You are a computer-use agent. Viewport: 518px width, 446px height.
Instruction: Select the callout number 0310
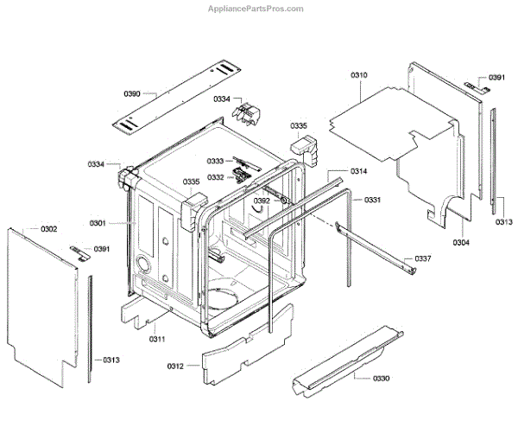[x=359, y=76]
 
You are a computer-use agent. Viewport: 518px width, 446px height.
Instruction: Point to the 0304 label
[x=461, y=243]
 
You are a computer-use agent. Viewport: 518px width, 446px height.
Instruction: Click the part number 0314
[x=359, y=171]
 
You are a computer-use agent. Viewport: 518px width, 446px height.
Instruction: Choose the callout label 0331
[x=372, y=201]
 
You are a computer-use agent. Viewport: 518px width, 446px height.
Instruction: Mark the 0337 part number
[x=423, y=259]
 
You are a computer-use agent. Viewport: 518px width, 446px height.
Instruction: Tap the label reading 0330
[x=382, y=379]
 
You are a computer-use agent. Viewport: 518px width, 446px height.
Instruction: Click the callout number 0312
[x=175, y=366]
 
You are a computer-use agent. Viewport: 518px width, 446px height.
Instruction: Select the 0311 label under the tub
[x=156, y=339]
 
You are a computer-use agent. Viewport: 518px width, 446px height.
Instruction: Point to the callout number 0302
[x=48, y=229]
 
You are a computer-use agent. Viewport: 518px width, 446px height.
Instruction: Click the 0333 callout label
[x=214, y=162]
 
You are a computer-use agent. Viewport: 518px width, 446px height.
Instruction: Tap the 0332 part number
[x=215, y=177]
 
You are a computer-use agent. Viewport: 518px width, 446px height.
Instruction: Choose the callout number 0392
[x=262, y=201]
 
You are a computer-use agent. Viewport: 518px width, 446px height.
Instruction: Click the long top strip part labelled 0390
[x=178, y=94]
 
